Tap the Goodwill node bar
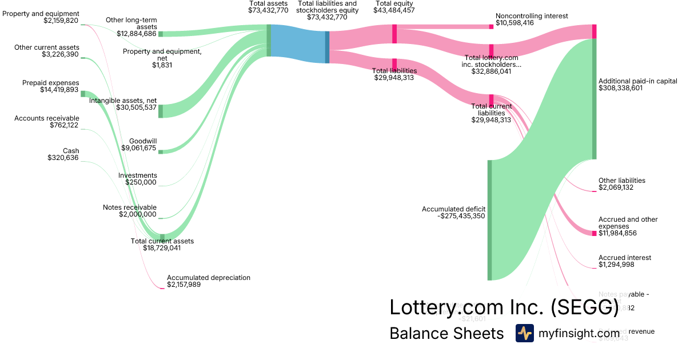point(161,152)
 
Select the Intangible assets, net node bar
point(161,111)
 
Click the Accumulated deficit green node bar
point(489,220)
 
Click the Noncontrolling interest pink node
point(491,26)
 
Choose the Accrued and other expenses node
point(594,233)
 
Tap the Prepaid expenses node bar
point(82,93)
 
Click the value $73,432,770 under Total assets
point(269,10)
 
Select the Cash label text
point(71,151)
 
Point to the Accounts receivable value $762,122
point(65,125)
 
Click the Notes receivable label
point(130,207)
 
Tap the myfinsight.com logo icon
point(524,333)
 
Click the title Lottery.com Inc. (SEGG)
point(504,307)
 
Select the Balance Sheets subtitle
point(446,334)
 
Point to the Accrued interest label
point(624,258)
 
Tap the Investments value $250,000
point(141,182)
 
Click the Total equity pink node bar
point(394,34)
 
